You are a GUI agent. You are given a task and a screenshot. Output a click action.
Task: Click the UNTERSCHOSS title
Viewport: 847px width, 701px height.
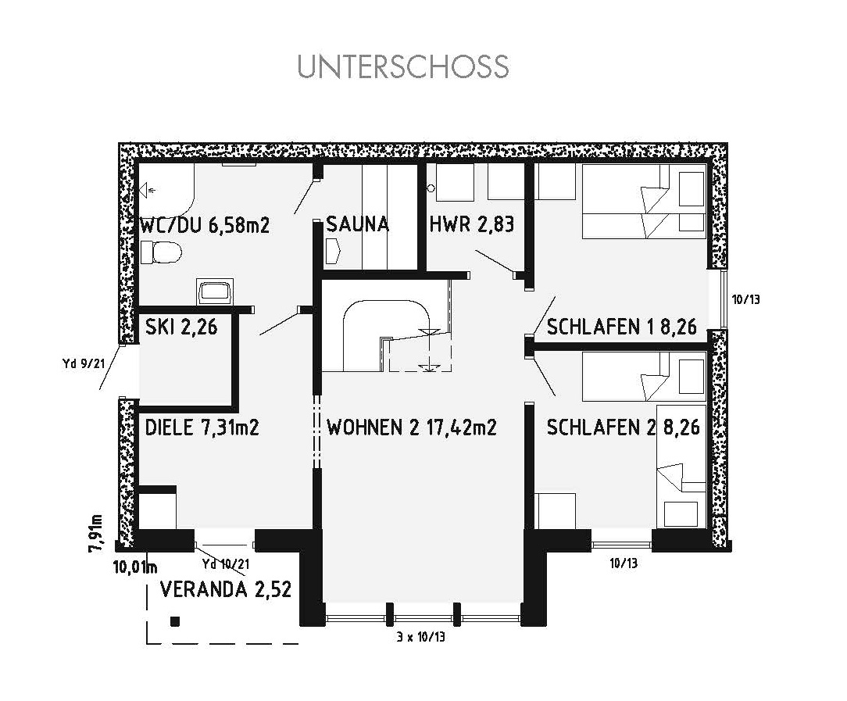403,66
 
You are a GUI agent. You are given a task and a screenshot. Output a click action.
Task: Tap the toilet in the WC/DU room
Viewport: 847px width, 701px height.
161,252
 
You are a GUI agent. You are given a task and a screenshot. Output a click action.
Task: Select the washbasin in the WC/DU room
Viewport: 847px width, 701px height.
216,292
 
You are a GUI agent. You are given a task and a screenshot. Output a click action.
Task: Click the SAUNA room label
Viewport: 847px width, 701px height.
358,224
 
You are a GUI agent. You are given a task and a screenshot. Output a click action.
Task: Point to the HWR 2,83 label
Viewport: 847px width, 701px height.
472,224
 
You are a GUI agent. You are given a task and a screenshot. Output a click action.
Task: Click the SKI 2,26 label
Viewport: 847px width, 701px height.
181,326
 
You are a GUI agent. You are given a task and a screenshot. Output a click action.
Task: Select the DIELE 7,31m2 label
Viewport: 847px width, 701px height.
202,427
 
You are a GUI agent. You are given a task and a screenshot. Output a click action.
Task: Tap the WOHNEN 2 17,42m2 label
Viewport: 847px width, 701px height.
412,427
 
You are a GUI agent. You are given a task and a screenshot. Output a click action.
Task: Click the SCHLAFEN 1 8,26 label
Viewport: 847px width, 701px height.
622,326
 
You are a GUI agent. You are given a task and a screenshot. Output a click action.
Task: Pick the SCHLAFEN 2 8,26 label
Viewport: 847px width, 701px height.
624,427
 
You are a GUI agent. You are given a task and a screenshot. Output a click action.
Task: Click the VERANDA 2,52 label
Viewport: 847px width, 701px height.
226,588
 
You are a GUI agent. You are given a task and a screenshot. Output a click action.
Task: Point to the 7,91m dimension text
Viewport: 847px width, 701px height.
96,533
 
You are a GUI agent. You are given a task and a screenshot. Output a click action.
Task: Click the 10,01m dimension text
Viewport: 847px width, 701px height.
135,567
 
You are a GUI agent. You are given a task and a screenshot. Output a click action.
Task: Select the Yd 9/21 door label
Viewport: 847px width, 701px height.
83,363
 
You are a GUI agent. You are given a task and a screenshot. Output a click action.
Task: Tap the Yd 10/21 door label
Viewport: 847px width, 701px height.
226,563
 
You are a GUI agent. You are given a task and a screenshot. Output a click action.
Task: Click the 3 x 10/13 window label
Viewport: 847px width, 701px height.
421,637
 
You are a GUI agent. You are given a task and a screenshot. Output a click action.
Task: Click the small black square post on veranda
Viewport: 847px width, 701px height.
174,621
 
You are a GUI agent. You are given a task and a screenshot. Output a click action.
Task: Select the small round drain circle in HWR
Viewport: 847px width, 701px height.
431,188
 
